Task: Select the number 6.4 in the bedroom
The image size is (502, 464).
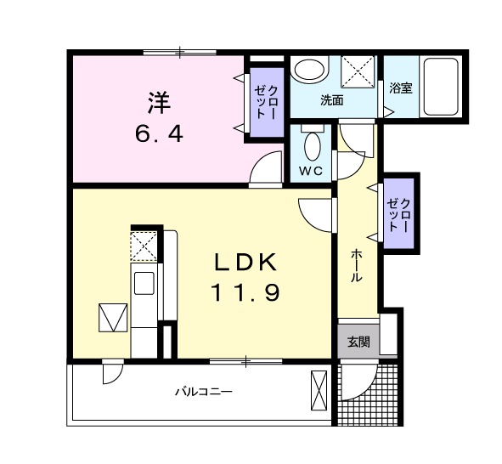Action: (x=159, y=133)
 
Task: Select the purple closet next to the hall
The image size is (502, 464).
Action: (x=400, y=213)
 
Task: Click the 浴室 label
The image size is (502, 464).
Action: (x=400, y=88)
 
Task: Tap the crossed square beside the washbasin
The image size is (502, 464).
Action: (x=358, y=71)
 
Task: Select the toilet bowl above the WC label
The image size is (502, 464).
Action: (x=313, y=144)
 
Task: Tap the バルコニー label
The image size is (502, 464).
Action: (x=203, y=392)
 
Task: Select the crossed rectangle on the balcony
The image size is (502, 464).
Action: (x=319, y=391)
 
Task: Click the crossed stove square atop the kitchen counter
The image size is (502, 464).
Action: (x=143, y=246)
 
